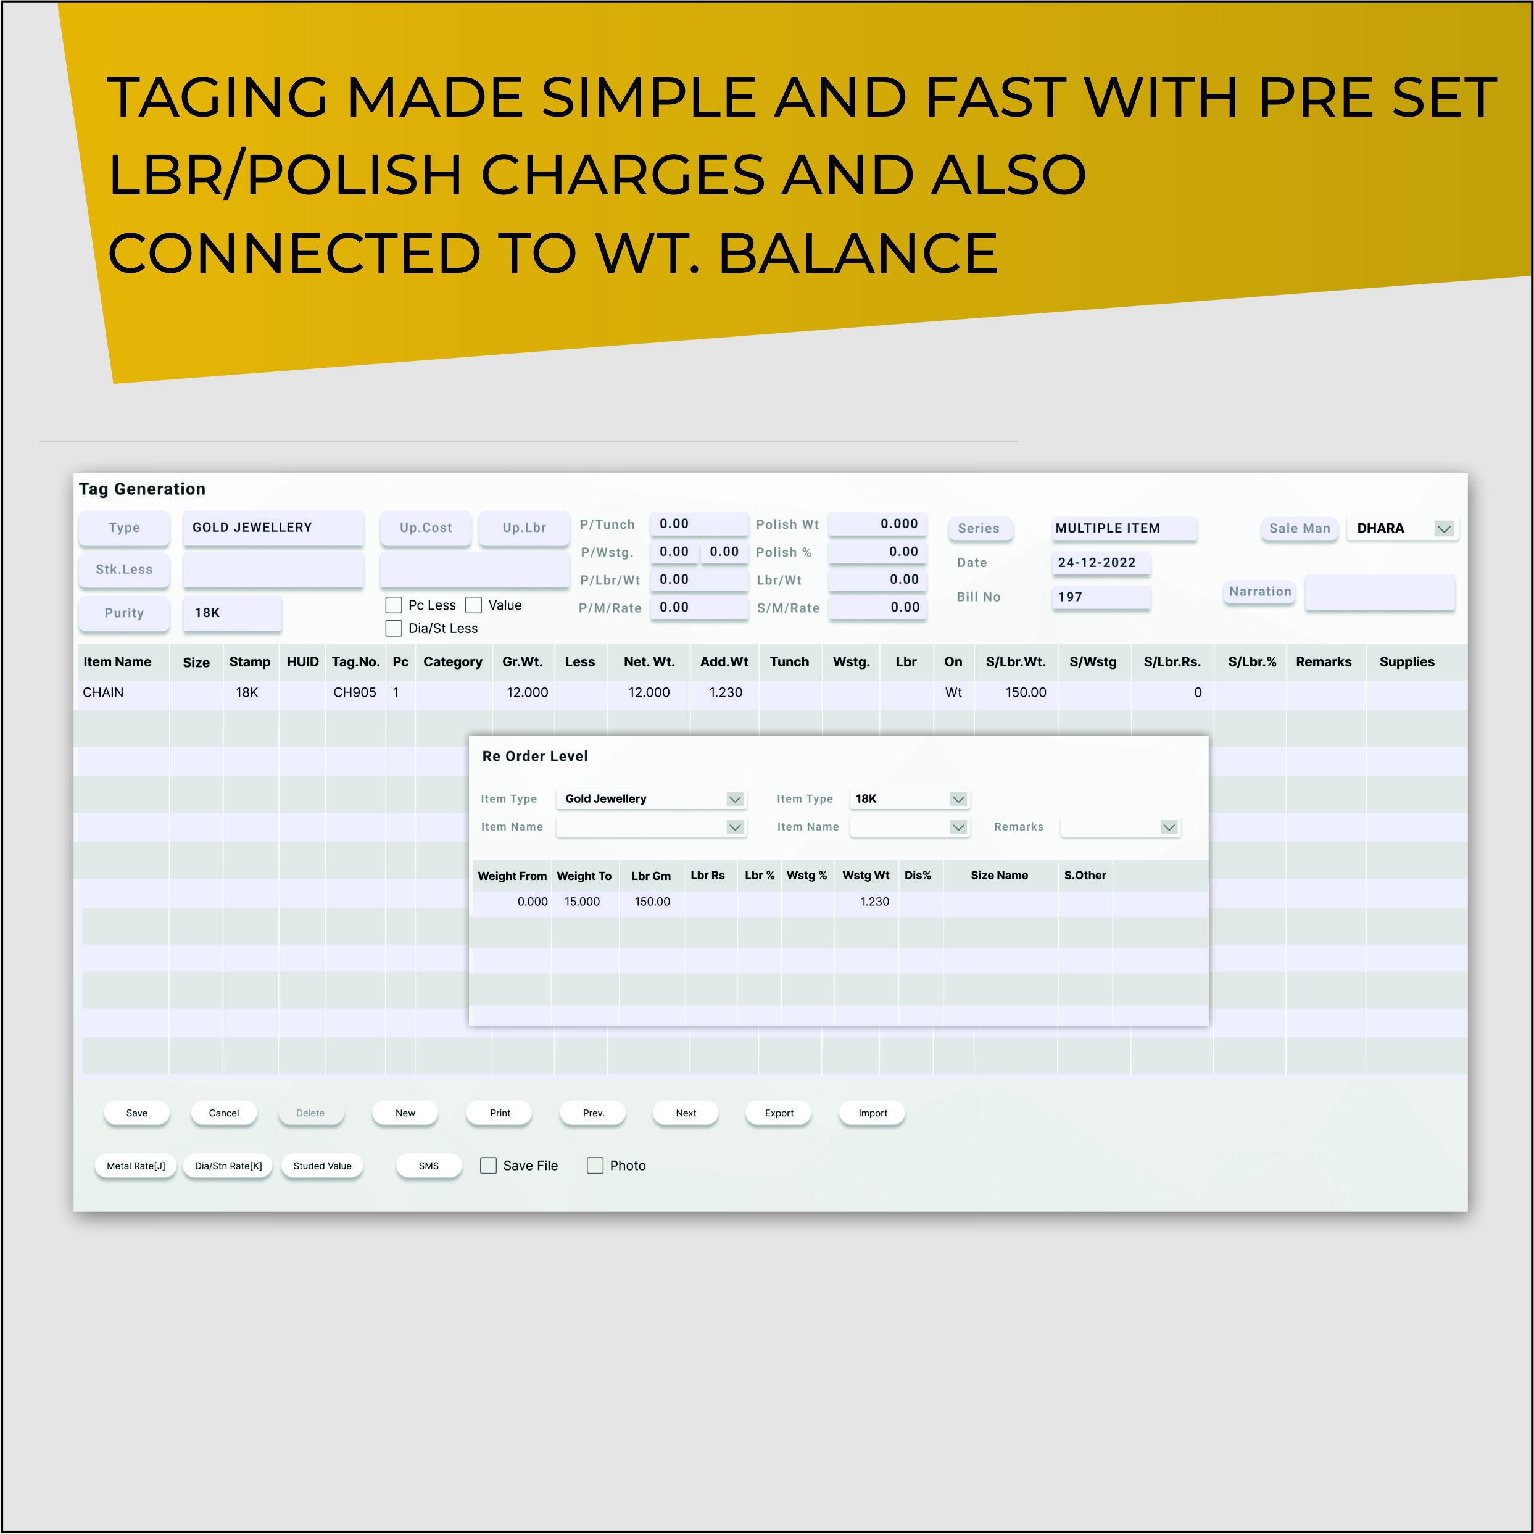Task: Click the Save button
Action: [x=136, y=1113]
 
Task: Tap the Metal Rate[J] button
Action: [x=136, y=1166]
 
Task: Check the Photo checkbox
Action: [x=595, y=1165]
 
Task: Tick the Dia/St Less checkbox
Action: [x=393, y=628]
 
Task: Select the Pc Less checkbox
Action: [x=393, y=605]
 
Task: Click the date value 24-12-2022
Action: [x=1097, y=562]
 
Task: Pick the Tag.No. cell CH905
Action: [x=355, y=692]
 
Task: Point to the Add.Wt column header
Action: [x=723, y=661]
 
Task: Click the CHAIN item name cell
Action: [x=103, y=692]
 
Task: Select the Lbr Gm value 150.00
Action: [x=652, y=901]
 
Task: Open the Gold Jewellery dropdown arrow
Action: [x=734, y=798]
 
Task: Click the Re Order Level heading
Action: [x=535, y=756]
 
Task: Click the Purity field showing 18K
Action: [x=232, y=613]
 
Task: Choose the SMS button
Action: [x=429, y=1166]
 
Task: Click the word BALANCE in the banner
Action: [x=858, y=253]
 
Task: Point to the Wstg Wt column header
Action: [x=866, y=875]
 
